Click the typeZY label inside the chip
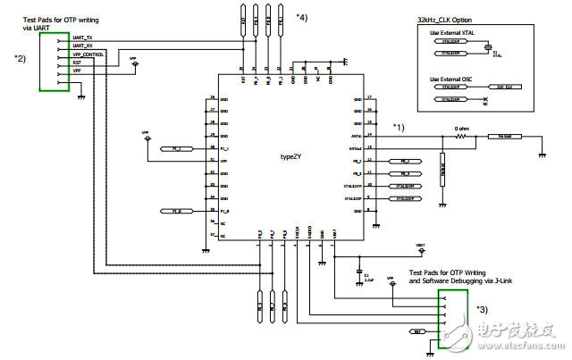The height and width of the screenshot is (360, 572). [290, 156]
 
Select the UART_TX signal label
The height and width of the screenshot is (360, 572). [82, 38]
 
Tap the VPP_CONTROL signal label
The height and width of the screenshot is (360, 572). [88, 54]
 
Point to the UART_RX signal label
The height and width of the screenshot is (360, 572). [82, 46]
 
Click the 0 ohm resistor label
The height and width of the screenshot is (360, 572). [462, 129]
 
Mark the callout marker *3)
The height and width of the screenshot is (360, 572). [481, 309]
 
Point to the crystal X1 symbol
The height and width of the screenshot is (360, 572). [490, 52]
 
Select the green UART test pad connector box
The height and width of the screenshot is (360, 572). [55, 62]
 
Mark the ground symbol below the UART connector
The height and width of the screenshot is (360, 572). [82, 94]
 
